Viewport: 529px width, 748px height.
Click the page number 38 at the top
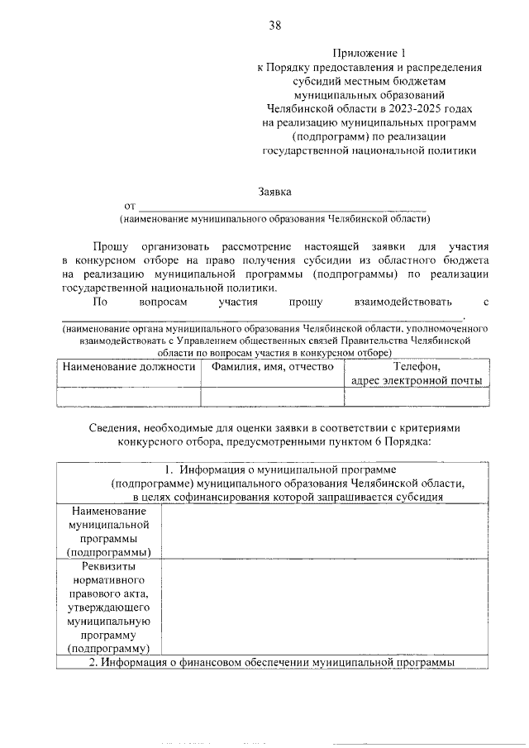click(274, 26)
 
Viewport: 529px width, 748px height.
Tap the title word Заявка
click(274, 192)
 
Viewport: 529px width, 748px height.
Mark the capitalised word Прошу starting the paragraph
click(109, 247)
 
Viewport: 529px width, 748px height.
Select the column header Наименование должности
click(129, 366)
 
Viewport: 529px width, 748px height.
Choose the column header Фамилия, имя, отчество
click(272, 366)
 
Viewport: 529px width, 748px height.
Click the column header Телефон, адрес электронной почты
click(416, 373)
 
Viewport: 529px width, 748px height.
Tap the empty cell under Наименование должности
click(129, 398)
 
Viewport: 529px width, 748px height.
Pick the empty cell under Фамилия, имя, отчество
click(272, 398)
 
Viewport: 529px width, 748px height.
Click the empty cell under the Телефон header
click(416, 398)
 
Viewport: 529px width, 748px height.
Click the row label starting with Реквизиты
click(109, 567)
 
